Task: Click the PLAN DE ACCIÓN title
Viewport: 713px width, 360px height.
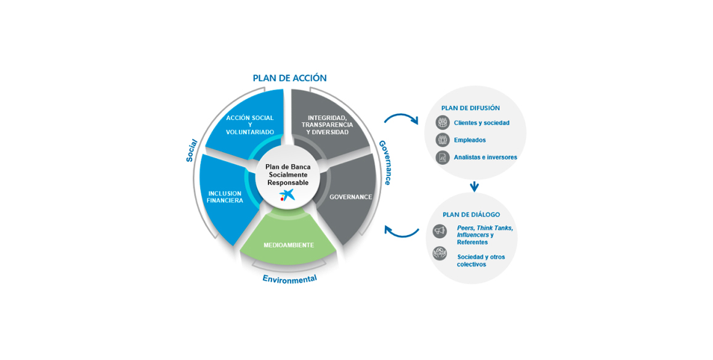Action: point(289,78)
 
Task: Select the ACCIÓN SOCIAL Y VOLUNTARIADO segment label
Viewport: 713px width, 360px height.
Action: point(250,125)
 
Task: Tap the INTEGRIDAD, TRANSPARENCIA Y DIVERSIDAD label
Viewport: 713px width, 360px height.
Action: point(327,125)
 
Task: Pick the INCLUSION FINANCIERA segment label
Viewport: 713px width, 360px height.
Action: point(225,197)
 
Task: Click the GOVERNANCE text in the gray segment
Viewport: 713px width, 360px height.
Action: point(350,198)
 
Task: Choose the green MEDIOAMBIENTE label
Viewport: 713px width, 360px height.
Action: point(289,246)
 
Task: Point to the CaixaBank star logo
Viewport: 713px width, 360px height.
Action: point(288,195)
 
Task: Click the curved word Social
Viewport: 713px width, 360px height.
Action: point(191,150)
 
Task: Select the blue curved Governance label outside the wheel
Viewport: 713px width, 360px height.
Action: point(385,162)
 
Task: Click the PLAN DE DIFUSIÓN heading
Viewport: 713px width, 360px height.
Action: point(470,108)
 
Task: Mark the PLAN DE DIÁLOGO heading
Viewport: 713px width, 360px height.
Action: point(471,215)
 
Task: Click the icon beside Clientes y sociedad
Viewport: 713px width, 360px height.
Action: point(443,122)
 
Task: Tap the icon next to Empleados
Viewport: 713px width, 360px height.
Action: point(443,140)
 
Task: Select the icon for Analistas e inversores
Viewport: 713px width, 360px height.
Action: point(443,158)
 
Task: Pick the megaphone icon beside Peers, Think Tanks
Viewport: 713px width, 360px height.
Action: point(440,231)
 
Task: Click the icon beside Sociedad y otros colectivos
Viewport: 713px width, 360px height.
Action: point(440,253)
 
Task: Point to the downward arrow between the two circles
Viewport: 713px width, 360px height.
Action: point(474,187)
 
